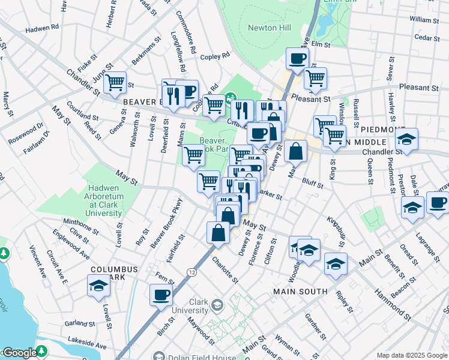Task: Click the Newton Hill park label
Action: [x=263, y=28]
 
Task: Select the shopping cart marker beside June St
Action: [x=115, y=82]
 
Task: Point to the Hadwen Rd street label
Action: [x=42, y=28]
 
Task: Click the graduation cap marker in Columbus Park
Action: [x=98, y=286]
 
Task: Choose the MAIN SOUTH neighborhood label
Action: [x=300, y=292]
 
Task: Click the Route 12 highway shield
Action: [x=191, y=272]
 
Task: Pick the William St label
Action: [x=424, y=20]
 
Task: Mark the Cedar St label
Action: [x=427, y=37]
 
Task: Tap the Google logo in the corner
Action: [x=19, y=353]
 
